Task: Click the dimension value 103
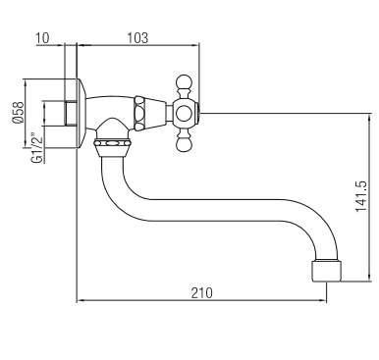(x=137, y=37)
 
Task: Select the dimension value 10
(x=42, y=37)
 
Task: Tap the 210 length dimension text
(x=202, y=292)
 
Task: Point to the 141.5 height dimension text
(x=361, y=196)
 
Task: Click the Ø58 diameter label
(x=18, y=112)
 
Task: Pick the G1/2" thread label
(x=37, y=148)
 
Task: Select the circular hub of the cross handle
(x=183, y=113)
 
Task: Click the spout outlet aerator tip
(x=327, y=271)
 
